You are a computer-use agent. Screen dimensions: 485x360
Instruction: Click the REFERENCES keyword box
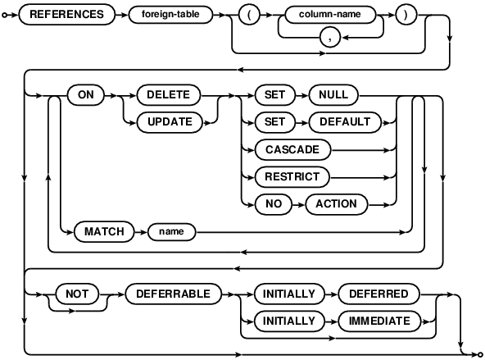[x=67, y=15]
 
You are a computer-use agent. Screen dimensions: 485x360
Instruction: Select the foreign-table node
[x=170, y=14]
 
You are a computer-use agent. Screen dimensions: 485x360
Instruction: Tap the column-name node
[x=329, y=14]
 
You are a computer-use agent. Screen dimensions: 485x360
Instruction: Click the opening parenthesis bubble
[x=249, y=15]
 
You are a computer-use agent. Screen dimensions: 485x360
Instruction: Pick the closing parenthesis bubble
[x=406, y=15]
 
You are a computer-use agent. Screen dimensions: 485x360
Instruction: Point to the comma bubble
[x=330, y=38]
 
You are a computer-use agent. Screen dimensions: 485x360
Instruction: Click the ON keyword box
[x=86, y=95]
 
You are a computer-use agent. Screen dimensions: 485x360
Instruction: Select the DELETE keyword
[x=169, y=95]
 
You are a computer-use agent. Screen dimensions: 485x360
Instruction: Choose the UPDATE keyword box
[x=170, y=122]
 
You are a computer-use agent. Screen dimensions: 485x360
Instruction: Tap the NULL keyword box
[x=333, y=95]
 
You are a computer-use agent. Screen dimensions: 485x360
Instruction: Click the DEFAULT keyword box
[x=345, y=122]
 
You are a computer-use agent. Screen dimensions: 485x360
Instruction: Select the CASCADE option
[x=292, y=150]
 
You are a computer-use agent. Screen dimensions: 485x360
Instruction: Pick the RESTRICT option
[x=292, y=177]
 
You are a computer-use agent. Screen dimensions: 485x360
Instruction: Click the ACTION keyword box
[x=337, y=204]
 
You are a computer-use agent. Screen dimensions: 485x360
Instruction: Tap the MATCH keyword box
[x=104, y=231]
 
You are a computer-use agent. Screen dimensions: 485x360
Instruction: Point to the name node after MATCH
[x=172, y=231]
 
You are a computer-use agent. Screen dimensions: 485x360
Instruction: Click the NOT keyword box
[x=77, y=294]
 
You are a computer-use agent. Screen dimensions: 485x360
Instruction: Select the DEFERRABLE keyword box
[x=173, y=294]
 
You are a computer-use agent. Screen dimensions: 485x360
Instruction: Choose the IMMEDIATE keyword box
[x=379, y=321]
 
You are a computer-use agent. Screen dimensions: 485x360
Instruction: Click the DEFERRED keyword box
[x=378, y=294]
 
